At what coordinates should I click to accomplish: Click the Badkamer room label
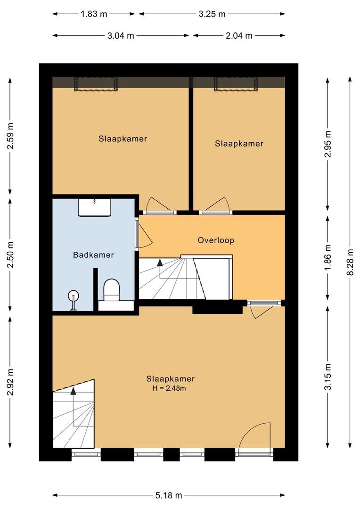[93, 255]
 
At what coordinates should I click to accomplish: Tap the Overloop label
[216, 240]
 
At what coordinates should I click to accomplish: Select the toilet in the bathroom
[111, 290]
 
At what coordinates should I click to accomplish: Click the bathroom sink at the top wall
[95, 207]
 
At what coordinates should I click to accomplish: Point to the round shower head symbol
[74, 296]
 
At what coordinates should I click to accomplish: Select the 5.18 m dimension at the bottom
[169, 495]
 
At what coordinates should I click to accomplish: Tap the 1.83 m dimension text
[94, 14]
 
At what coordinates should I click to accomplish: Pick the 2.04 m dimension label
[239, 35]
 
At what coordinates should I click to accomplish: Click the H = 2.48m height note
[169, 388]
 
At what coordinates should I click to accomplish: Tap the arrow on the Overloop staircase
[160, 263]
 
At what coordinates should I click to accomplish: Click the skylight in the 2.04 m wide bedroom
[236, 84]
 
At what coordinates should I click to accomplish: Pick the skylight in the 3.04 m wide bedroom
[96, 84]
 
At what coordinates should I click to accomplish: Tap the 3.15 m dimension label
[328, 377]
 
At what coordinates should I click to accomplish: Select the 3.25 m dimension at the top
[212, 14]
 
